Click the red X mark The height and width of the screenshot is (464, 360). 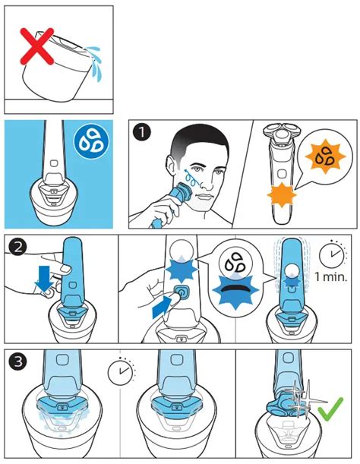click(x=36, y=46)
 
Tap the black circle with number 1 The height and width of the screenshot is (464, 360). click(x=142, y=132)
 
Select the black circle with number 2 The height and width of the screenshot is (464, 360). click(x=18, y=247)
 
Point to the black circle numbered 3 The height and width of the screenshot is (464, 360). click(x=18, y=361)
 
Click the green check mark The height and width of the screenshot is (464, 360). click(x=330, y=409)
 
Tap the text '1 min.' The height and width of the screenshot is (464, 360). click(x=330, y=277)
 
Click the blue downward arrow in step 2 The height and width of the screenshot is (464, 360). click(x=44, y=277)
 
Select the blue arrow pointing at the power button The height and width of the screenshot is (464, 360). click(x=162, y=308)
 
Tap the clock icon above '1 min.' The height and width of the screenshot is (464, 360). click(x=332, y=254)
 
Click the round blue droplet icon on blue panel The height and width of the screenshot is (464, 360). click(x=91, y=140)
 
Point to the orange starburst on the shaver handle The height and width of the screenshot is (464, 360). click(x=281, y=195)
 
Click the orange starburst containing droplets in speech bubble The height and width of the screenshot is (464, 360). click(x=325, y=156)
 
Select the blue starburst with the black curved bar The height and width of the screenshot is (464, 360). click(x=235, y=291)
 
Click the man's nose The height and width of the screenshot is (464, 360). click(x=207, y=183)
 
